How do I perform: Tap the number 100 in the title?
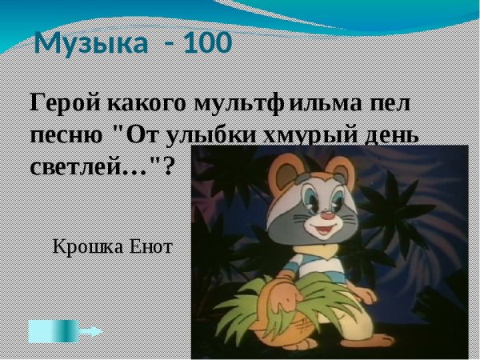click(207, 42)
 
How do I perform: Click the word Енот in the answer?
click(150, 246)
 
